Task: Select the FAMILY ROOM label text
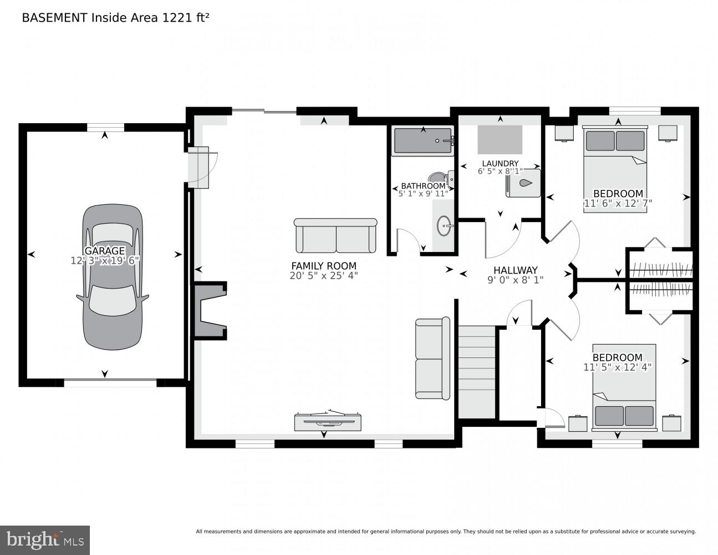[x=323, y=266]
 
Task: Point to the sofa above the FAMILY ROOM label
[x=335, y=236]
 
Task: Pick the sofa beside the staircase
[x=432, y=359]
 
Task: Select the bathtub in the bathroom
[x=422, y=141]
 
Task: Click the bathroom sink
[x=444, y=226]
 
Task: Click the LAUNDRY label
[x=500, y=163]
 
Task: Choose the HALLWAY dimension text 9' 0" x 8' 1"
[x=515, y=280]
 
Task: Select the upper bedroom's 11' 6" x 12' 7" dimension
[x=618, y=203]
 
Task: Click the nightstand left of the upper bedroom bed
[x=564, y=133]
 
